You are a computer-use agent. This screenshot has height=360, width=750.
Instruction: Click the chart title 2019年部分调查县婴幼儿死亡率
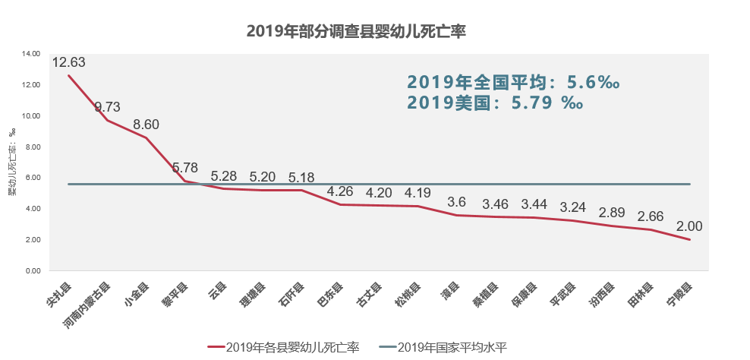(x=356, y=31)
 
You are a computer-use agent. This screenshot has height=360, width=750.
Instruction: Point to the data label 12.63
(x=68, y=62)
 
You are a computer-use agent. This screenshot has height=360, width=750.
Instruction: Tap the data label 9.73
(x=108, y=107)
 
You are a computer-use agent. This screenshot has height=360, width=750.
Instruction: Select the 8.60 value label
(x=146, y=125)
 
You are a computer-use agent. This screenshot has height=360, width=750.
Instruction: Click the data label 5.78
(x=185, y=168)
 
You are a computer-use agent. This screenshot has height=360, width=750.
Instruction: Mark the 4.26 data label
(x=340, y=191)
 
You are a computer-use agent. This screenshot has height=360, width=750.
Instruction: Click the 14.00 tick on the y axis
(x=32, y=54)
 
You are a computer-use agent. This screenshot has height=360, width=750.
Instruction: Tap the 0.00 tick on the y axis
(x=33, y=271)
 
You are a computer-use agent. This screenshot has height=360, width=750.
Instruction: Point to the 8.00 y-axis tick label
(x=33, y=147)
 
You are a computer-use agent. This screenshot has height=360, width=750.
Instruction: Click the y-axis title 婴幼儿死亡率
(x=12, y=162)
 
